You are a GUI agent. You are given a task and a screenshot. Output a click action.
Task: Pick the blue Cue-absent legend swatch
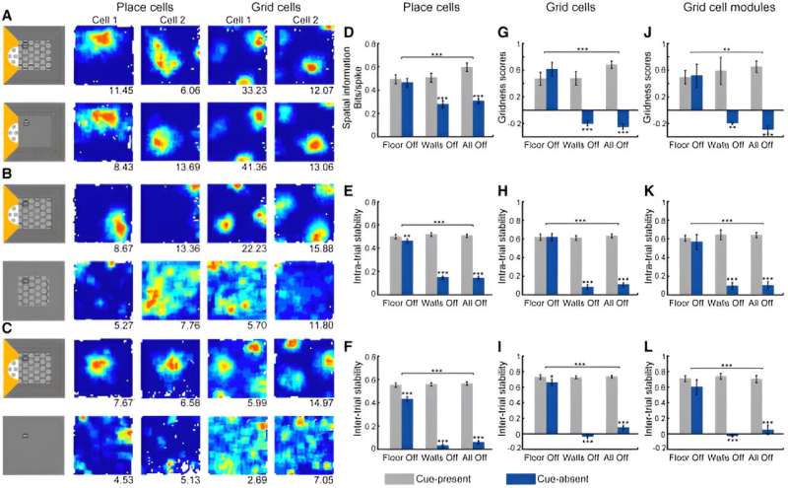pyautogui.click(x=529, y=477)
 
